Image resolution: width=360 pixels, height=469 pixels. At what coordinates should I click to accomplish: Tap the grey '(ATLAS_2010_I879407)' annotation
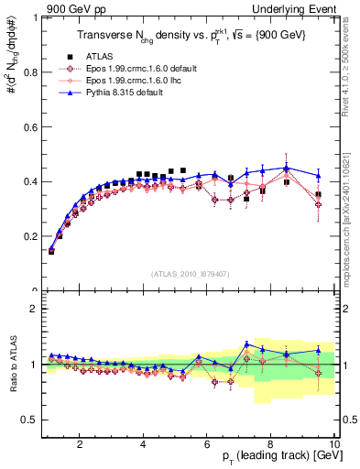(191, 272)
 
